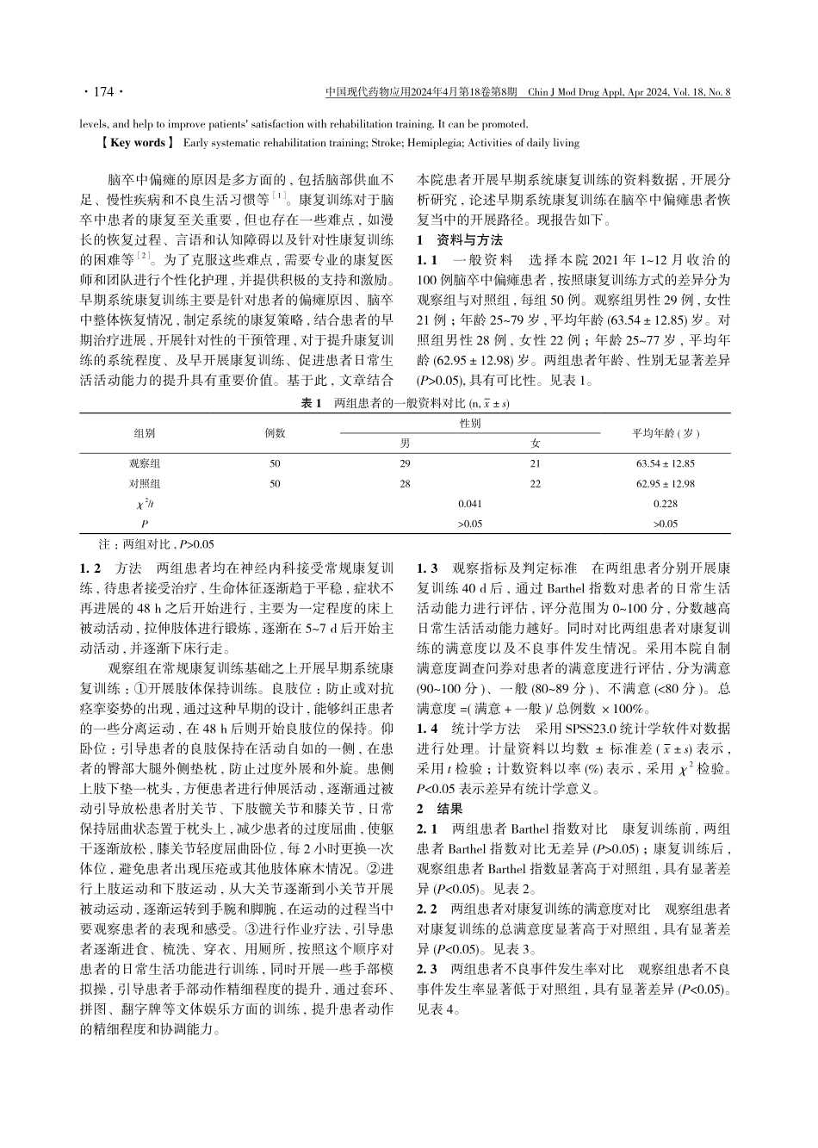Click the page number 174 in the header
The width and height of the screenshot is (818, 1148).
[102, 91]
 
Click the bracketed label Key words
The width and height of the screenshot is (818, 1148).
[135, 143]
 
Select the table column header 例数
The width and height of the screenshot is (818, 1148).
[275, 432]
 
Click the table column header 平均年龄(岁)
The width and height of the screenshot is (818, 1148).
[666, 432]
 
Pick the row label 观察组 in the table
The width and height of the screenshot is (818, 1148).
[144, 463]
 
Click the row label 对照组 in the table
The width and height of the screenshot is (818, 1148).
[144, 484]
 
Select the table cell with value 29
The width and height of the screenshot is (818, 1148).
[405, 463]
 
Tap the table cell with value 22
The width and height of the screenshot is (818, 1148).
[535, 484]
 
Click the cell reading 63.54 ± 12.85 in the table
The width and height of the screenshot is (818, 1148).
[666, 463]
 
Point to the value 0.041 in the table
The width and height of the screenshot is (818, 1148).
[470, 504]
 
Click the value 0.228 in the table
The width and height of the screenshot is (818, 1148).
[666, 504]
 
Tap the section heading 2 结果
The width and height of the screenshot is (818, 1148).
[439, 809]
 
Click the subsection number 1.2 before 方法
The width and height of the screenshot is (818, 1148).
[90, 568]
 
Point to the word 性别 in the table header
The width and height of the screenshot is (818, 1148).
[470, 423]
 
